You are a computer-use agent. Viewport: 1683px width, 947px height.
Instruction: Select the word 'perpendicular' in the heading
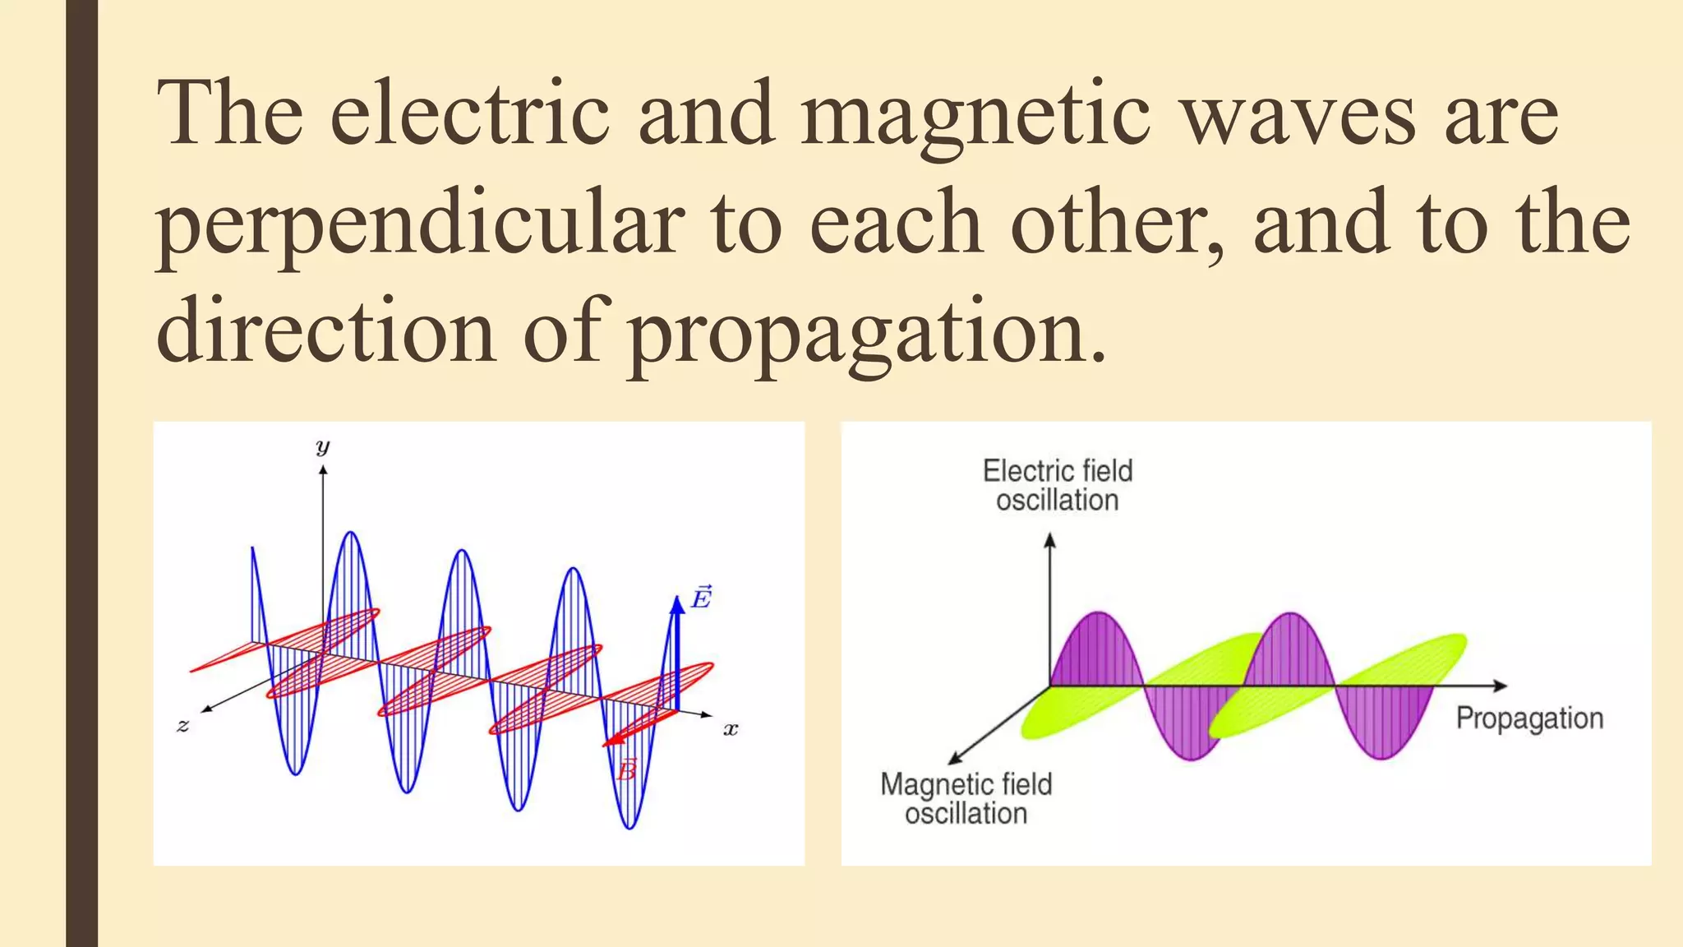[420, 224]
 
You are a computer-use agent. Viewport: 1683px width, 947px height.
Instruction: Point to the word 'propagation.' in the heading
[868, 333]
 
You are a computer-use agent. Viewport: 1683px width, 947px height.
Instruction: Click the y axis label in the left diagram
[322, 447]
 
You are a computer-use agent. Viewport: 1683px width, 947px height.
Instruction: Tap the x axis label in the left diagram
[730, 729]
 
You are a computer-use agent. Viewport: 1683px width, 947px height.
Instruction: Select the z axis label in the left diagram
[182, 725]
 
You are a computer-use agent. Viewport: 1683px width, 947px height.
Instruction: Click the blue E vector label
[701, 597]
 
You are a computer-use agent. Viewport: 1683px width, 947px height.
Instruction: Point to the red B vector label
[627, 770]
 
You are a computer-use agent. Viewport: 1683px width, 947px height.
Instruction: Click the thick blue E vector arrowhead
[677, 605]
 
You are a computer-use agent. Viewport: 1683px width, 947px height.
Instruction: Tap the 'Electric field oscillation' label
[1058, 485]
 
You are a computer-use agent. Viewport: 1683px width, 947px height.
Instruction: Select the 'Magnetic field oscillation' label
[966, 798]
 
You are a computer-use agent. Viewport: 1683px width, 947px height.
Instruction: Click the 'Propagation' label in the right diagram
[1529, 718]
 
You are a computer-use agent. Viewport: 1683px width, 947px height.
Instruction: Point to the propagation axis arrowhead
[1500, 686]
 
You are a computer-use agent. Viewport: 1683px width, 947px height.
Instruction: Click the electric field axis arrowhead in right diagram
[1049, 540]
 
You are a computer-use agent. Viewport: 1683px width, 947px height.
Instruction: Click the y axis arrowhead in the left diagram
[323, 470]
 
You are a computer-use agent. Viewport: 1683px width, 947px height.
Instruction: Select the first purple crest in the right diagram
[1097, 649]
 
